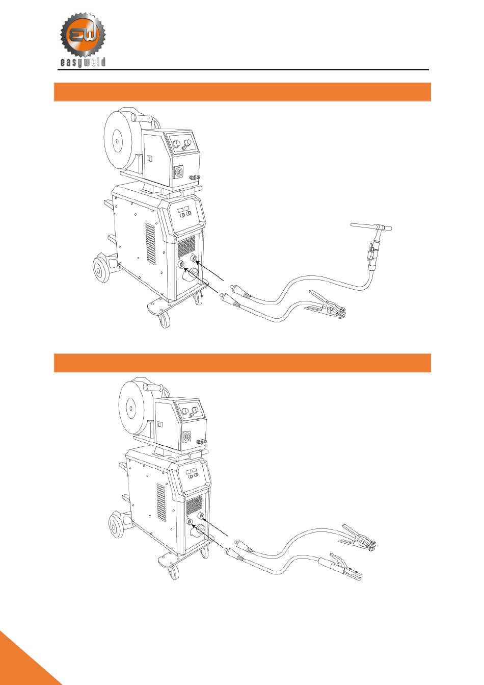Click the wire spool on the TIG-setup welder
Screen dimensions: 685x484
[x=118, y=138]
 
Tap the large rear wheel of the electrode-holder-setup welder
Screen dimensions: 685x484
[x=117, y=525]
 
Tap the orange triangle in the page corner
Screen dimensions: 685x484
[x=23, y=663]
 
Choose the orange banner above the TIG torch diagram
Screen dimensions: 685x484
[x=242, y=92]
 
